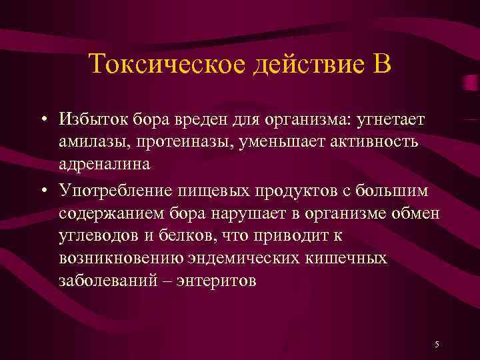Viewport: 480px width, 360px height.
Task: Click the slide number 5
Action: click(x=437, y=344)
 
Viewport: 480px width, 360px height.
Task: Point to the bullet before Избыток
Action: click(x=42, y=119)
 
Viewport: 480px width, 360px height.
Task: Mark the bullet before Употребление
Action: click(x=42, y=192)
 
